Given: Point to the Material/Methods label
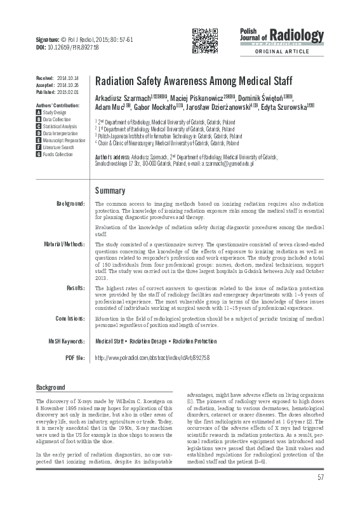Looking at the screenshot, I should point(64,244).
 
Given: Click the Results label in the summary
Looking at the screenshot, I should point(74,288).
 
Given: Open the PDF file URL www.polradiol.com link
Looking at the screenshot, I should point(150,359).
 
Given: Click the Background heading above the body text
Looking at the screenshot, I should point(50,387).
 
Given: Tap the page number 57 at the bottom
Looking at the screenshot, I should point(321,495).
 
